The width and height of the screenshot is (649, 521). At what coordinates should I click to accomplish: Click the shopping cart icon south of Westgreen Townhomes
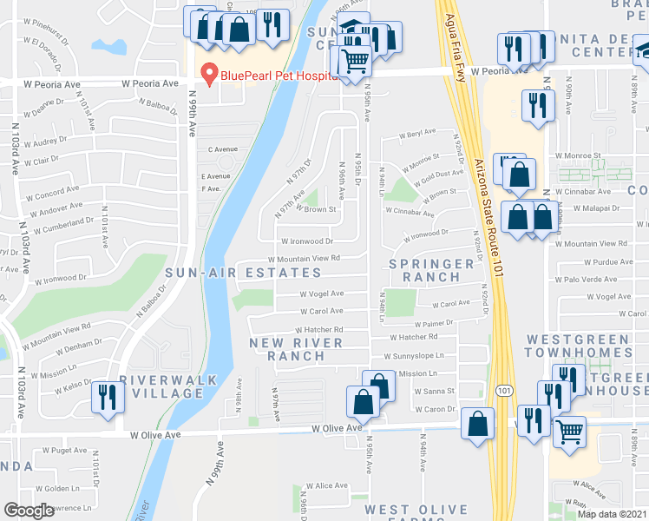(569, 431)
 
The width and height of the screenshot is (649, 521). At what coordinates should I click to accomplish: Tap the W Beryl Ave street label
(417, 134)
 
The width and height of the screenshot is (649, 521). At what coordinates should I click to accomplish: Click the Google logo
(29, 511)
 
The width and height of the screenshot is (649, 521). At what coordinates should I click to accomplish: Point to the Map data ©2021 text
(613, 514)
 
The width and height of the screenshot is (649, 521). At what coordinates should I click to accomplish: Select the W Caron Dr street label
(435, 409)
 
